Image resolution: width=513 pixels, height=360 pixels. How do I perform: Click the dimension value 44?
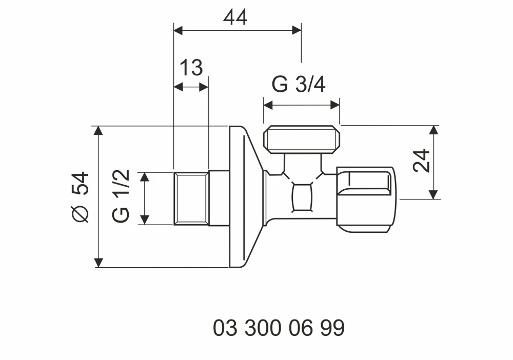235,17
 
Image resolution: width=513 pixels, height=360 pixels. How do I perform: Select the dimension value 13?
191,68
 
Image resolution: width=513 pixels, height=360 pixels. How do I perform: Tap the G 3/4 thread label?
299,85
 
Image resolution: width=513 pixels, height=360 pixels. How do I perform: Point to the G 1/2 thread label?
122,196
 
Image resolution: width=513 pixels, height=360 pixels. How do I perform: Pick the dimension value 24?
421,161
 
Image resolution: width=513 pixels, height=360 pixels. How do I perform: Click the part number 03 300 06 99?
279,328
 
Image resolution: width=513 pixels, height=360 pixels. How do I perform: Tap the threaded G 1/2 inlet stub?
191,198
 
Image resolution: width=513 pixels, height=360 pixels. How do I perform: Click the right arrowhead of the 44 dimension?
297,30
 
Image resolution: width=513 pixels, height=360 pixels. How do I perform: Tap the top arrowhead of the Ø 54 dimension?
98,130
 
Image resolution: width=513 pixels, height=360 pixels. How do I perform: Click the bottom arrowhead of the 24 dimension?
434,194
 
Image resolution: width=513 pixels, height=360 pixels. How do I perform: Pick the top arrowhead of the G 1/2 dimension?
145,176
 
